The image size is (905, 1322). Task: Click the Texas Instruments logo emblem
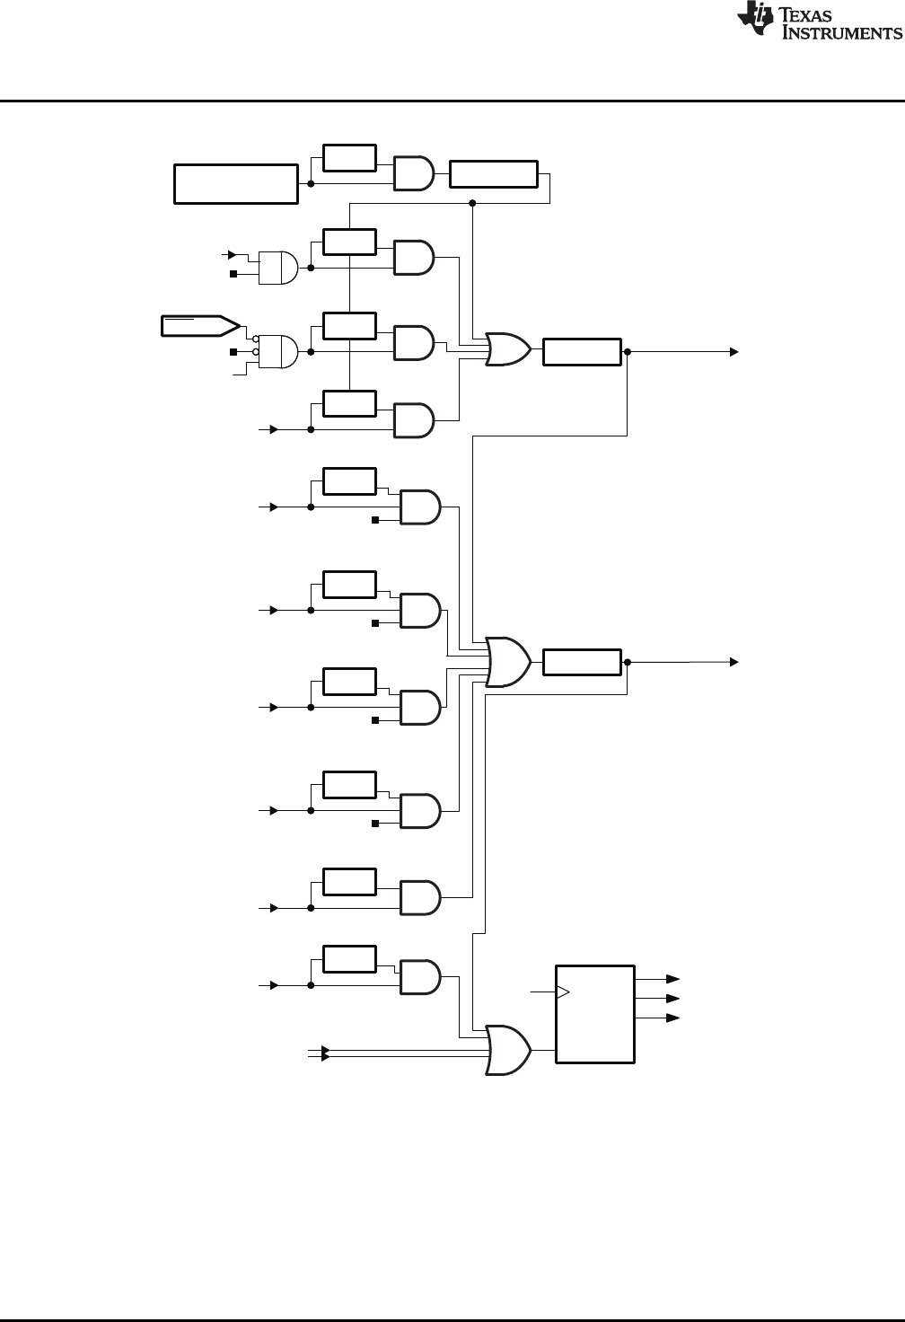(x=754, y=21)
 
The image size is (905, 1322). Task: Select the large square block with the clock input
(x=595, y=1014)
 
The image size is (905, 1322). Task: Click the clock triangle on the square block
(x=563, y=992)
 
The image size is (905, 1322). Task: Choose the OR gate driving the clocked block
(x=507, y=1050)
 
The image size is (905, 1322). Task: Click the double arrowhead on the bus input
(x=325, y=1053)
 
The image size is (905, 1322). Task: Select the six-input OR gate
(x=507, y=662)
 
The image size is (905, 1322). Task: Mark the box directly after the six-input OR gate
(x=582, y=662)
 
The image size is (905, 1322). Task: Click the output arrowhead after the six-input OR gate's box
(x=734, y=662)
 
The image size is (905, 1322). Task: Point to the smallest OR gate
(x=507, y=348)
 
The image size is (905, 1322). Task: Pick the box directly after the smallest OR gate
(x=582, y=352)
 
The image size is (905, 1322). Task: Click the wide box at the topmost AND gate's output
(x=493, y=174)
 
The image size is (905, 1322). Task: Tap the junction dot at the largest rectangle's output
(x=311, y=184)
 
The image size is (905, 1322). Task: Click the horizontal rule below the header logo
(x=452, y=101)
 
